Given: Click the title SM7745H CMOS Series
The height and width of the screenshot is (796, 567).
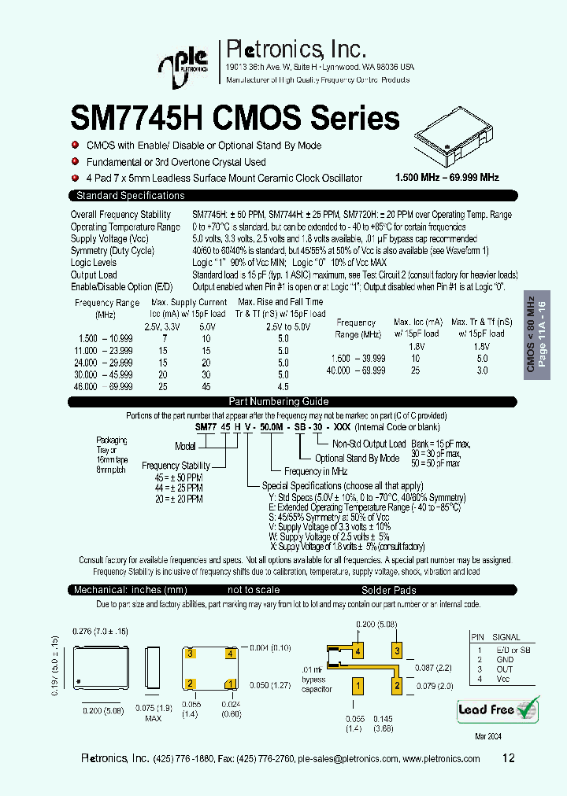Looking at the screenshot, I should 235,118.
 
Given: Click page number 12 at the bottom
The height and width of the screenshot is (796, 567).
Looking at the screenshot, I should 508,758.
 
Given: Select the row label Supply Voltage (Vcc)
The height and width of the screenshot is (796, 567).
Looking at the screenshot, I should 109,238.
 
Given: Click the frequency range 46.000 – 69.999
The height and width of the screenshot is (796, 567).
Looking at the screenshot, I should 104,387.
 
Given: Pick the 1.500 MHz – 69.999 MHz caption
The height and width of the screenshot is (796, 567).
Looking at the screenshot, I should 447,178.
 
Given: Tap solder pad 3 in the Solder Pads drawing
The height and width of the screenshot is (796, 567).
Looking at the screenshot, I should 398,651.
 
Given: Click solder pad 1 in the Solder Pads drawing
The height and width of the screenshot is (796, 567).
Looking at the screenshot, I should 358,687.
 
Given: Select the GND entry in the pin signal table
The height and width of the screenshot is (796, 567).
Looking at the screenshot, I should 504,660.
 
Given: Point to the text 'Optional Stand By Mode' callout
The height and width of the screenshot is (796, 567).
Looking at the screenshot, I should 357,458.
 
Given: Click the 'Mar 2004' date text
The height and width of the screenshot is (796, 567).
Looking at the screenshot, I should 488,735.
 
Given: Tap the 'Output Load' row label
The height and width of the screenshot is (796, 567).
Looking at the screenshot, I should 94,275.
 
